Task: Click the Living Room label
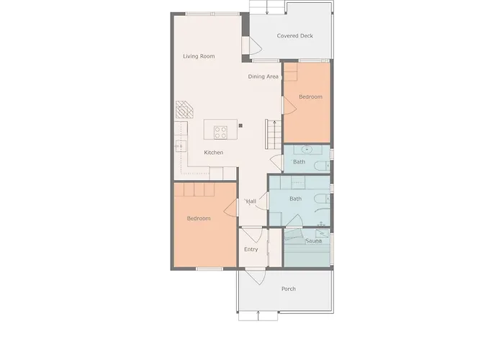point(199,56)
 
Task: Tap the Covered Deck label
point(294,36)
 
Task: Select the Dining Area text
point(264,76)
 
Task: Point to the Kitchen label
point(213,153)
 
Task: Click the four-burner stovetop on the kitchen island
point(220,132)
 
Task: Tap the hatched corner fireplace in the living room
point(184,109)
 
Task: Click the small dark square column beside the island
point(240,126)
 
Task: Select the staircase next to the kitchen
point(273,134)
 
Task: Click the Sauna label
point(313,240)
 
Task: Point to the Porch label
point(288,289)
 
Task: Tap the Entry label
point(251,249)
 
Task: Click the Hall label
point(251,201)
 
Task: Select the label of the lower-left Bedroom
point(199,218)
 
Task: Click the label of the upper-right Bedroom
point(310,96)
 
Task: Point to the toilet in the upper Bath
point(322,166)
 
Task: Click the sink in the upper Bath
point(307,149)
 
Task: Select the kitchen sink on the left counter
point(180,146)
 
